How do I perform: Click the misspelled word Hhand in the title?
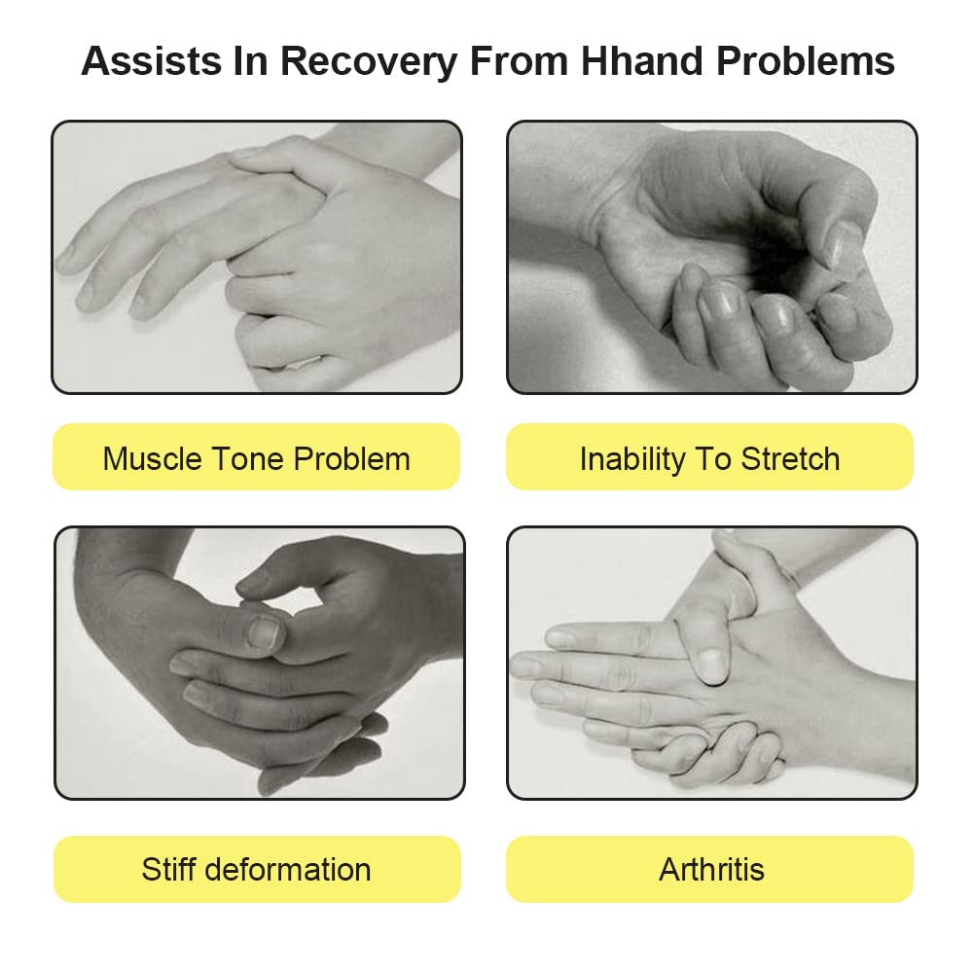(x=642, y=60)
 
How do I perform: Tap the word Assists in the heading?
(x=152, y=60)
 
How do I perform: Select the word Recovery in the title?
(x=369, y=62)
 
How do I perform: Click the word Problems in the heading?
(x=806, y=60)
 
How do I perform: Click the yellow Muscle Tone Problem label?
(x=256, y=457)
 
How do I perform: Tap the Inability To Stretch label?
(x=709, y=457)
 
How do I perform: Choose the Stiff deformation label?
(x=257, y=869)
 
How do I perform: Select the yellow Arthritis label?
(x=709, y=869)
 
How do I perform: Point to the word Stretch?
(x=790, y=459)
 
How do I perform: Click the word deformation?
(x=287, y=869)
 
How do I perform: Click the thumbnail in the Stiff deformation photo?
(x=265, y=631)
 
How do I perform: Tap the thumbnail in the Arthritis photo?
(x=711, y=664)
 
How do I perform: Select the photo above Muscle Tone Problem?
(x=257, y=257)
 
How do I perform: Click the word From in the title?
(x=519, y=60)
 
